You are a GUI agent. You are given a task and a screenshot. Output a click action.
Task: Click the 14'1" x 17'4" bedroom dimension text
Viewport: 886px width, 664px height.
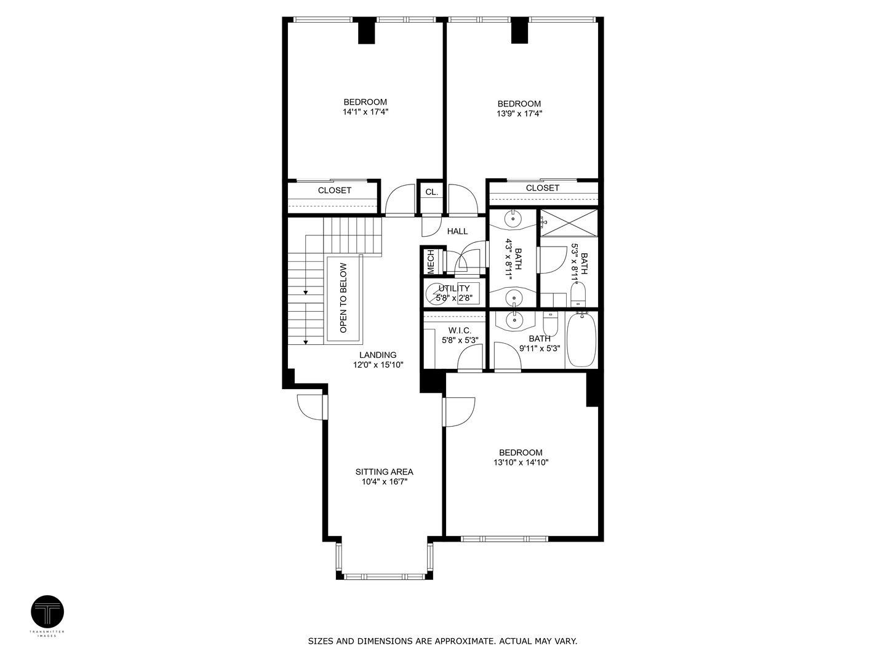click(x=365, y=113)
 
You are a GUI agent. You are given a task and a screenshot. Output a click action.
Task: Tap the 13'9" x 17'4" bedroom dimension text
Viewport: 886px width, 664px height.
click(x=519, y=114)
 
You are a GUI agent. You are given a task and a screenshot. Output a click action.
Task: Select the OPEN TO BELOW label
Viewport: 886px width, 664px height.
click(x=343, y=298)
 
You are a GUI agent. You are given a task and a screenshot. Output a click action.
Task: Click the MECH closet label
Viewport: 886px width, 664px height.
click(x=431, y=261)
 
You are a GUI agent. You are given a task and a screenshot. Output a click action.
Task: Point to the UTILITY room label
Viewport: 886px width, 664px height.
click(x=454, y=288)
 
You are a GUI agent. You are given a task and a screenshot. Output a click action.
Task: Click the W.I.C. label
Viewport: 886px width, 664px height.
click(x=460, y=330)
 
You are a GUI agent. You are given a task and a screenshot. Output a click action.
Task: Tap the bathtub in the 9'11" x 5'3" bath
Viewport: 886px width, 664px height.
click(x=581, y=339)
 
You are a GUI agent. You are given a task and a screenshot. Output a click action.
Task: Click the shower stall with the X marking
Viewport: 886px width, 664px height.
click(x=569, y=222)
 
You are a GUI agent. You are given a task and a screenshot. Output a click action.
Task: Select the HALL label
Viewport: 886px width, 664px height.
click(x=457, y=231)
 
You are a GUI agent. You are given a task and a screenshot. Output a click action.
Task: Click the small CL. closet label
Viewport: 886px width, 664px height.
click(x=431, y=192)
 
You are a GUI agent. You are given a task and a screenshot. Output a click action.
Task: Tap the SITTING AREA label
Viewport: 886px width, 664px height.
click(x=384, y=472)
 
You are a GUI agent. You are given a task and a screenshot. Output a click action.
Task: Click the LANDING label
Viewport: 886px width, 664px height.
click(x=378, y=355)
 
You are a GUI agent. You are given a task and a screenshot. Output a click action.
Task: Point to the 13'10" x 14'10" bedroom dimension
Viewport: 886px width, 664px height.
click(x=521, y=462)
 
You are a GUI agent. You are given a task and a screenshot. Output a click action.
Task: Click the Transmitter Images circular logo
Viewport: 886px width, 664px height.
click(x=47, y=612)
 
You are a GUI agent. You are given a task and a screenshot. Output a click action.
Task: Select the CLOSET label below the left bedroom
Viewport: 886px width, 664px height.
click(x=334, y=191)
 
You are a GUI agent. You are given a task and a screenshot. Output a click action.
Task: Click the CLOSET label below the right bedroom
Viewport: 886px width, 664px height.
click(x=543, y=188)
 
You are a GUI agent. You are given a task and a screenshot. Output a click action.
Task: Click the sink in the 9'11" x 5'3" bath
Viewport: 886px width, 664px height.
click(x=512, y=320)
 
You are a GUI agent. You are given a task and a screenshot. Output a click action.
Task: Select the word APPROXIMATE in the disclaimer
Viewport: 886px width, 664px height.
click(x=456, y=641)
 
